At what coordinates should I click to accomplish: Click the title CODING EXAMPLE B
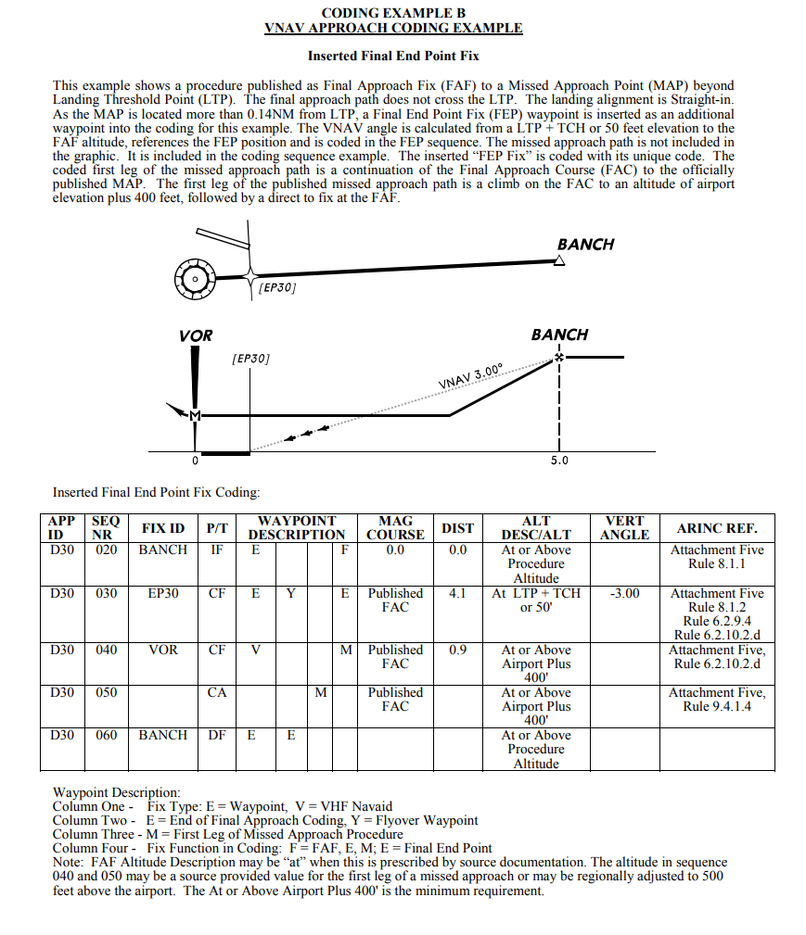pyautogui.click(x=393, y=13)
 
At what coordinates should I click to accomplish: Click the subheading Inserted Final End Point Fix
pyautogui.click(x=393, y=57)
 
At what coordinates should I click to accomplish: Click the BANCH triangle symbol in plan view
pyautogui.click(x=559, y=261)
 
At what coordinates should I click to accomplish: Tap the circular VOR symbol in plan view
pyautogui.click(x=195, y=278)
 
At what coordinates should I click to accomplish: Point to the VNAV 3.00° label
pyautogui.click(x=470, y=378)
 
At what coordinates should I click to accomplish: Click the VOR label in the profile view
pyautogui.click(x=196, y=335)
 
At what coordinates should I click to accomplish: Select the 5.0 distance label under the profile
pyautogui.click(x=559, y=460)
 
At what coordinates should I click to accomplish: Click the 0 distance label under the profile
pyautogui.click(x=195, y=460)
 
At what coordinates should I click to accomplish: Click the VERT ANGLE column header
pyautogui.click(x=624, y=528)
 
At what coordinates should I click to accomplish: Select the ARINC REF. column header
pyautogui.click(x=717, y=528)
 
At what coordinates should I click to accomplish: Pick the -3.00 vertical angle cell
pyautogui.click(x=624, y=593)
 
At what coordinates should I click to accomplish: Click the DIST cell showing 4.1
pyautogui.click(x=457, y=593)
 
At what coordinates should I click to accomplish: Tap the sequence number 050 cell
pyautogui.click(x=107, y=692)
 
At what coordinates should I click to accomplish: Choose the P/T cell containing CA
pyautogui.click(x=217, y=692)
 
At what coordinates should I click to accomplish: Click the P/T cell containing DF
pyautogui.click(x=217, y=735)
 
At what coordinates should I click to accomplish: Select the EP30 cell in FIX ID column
pyautogui.click(x=163, y=593)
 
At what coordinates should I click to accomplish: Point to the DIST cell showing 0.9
pyautogui.click(x=457, y=650)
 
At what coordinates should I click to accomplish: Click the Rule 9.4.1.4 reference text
pyautogui.click(x=718, y=706)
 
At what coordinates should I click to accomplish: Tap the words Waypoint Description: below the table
pyautogui.click(x=116, y=792)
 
